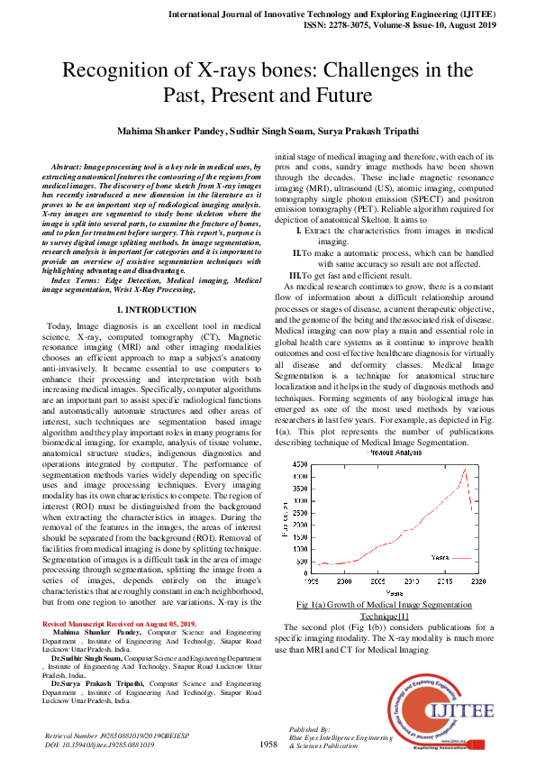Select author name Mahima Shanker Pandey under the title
173,131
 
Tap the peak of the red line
465,469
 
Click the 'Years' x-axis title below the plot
394,591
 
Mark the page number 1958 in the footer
268,745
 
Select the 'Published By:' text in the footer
312,728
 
